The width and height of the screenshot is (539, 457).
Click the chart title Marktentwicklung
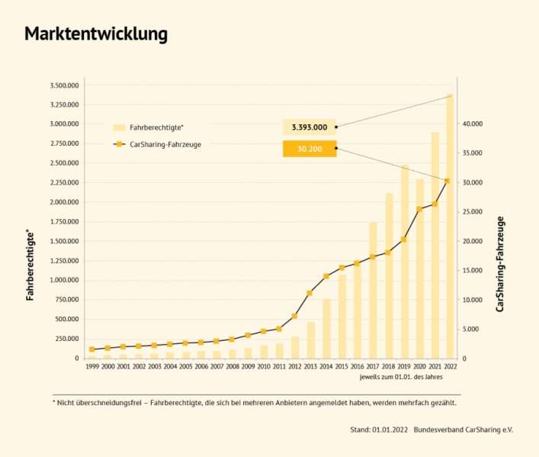(96, 34)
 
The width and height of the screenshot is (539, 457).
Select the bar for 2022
(450, 229)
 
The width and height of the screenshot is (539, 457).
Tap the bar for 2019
(404, 263)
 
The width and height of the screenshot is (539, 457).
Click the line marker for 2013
(310, 293)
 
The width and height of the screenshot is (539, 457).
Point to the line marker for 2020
(419, 209)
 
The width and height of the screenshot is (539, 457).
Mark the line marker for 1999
(91, 349)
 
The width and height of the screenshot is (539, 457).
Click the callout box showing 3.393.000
(309, 127)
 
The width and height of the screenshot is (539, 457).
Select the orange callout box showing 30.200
(309, 149)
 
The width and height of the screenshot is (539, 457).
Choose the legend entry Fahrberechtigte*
(152, 127)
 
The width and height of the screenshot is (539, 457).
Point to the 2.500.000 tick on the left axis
(63, 163)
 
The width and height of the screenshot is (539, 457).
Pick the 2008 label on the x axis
(233, 367)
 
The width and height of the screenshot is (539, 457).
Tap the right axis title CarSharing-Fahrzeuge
(500, 263)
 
